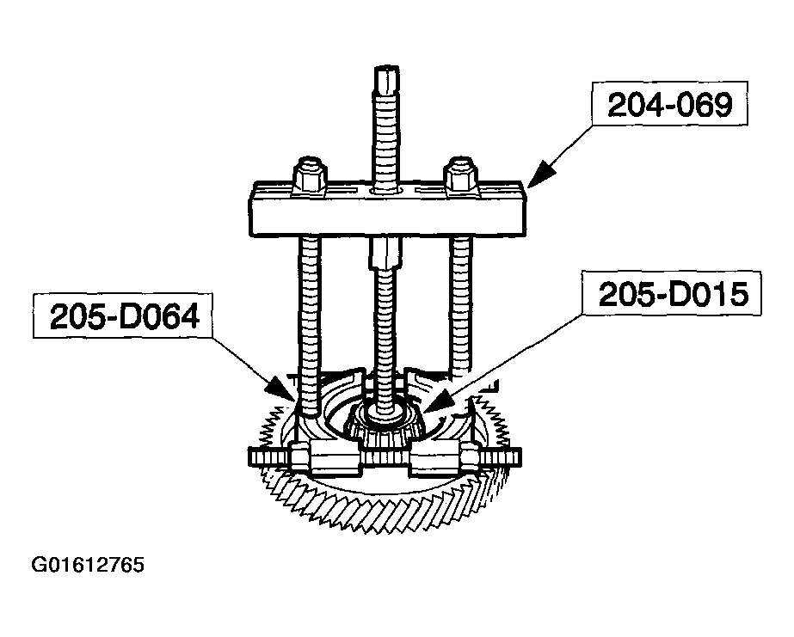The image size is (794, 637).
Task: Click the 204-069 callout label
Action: coord(670,105)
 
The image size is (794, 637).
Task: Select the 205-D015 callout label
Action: coord(673,294)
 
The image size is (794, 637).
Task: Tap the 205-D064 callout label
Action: coord(124,316)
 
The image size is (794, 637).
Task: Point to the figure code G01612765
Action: coord(88,564)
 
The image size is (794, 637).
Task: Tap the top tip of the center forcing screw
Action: coord(387,67)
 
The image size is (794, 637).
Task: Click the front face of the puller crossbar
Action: coord(387,217)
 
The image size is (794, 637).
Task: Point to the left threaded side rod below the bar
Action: coord(308,324)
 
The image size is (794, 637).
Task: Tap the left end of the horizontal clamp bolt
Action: coord(250,457)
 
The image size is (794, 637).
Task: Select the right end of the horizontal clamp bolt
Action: coord(520,458)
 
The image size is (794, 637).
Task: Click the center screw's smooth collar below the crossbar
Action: coord(386,254)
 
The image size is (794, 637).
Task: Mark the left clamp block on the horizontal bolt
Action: coord(335,457)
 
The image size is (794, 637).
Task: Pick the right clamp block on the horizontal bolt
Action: coord(435,457)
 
